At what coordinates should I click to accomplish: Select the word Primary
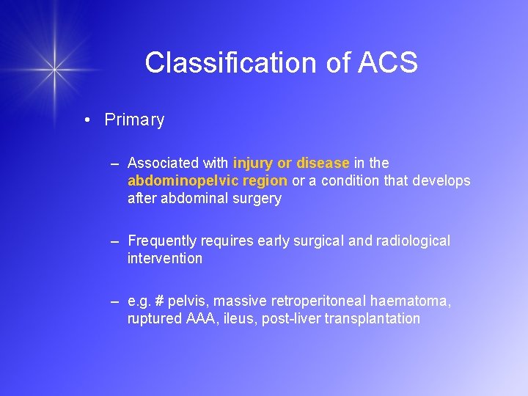coord(134,120)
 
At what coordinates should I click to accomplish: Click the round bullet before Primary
coord(87,120)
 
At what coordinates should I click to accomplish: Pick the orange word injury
coord(253,163)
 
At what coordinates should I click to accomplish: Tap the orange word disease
coord(323,163)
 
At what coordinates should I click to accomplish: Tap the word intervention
coord(165,258)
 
